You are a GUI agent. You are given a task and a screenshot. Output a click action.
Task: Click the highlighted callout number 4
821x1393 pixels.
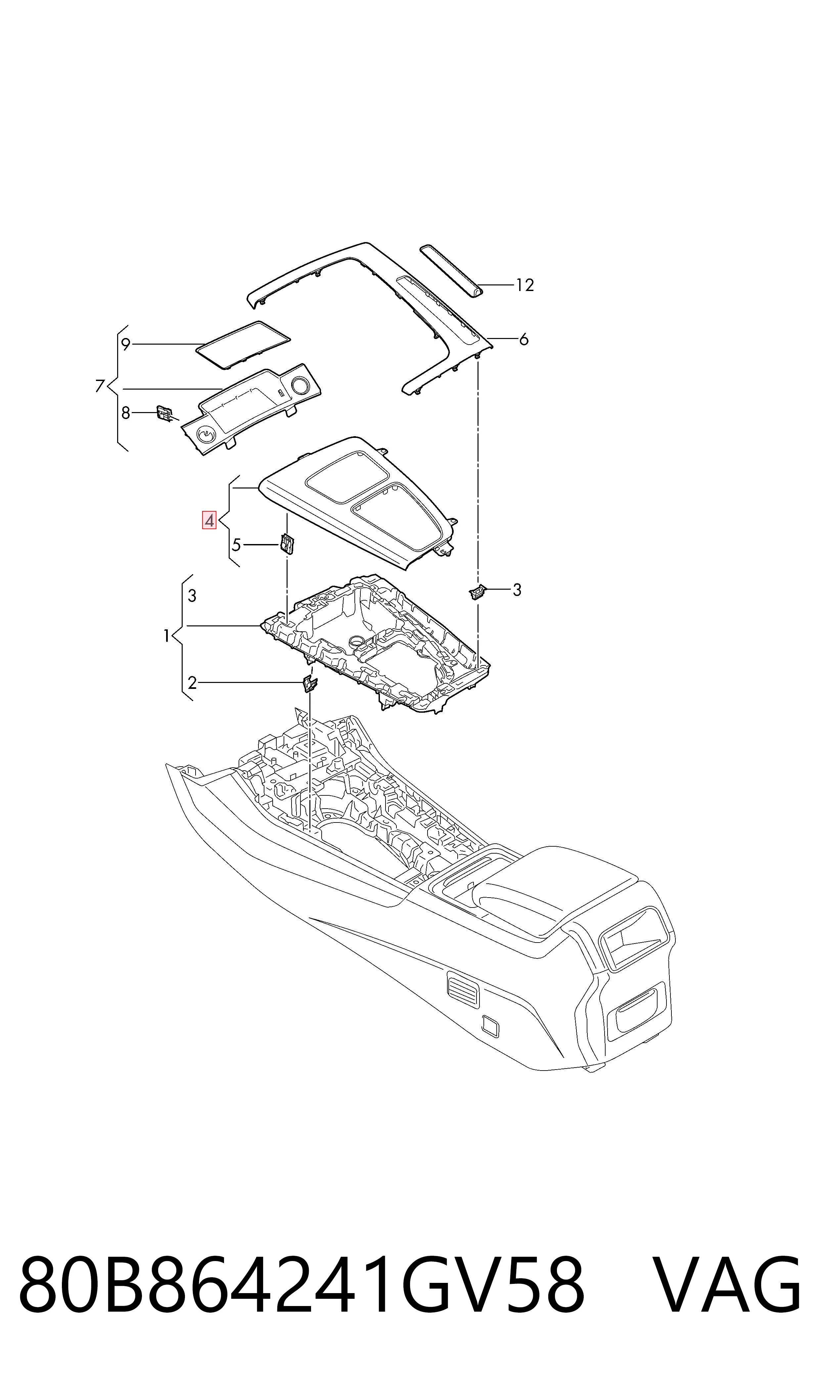(x=209, y=520)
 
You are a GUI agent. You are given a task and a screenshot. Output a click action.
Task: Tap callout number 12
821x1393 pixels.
(x=525, y=285)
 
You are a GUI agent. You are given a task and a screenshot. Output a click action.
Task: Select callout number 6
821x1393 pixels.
(x=524, y=339)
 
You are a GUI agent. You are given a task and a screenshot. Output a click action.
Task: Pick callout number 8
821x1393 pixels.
(x=126, y=413)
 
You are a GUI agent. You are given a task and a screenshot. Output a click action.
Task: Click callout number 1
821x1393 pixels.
(x=166, y=636)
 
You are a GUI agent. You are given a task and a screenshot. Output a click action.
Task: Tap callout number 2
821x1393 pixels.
(x=192, y=683)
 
